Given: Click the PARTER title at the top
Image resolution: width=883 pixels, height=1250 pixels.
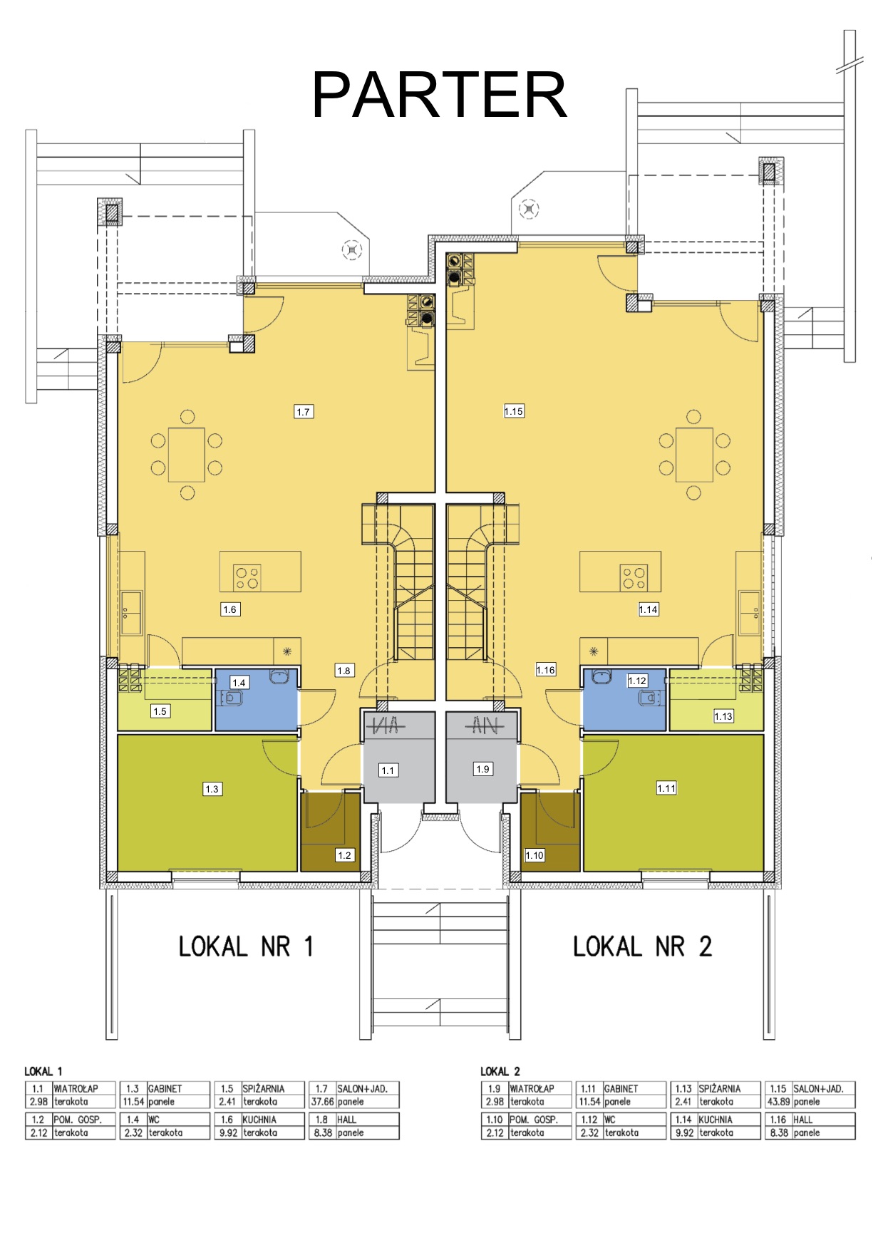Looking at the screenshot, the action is pos(440,95).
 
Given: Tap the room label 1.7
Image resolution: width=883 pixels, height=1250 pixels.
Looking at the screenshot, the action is pos(304,411).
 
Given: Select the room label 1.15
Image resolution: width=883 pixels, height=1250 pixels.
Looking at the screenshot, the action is pos(514,411).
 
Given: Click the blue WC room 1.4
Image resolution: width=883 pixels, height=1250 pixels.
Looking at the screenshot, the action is pos(256,699).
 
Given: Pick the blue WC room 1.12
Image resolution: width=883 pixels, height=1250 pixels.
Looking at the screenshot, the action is pos(624,699).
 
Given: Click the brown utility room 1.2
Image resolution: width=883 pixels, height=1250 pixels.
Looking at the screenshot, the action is pos(330,832).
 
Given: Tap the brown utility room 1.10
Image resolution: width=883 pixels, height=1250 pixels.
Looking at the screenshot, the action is pos(550,832).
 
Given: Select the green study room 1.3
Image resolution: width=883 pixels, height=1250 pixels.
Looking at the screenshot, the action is pos(207,802).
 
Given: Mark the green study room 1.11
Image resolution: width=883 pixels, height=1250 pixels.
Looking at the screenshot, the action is pos(673,802).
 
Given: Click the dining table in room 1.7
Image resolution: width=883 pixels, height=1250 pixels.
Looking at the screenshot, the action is pos(187,455).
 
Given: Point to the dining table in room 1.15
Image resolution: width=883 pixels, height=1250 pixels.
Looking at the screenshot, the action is pos(694,455).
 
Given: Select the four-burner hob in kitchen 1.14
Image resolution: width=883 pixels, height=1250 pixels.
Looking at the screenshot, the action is pos(634,577).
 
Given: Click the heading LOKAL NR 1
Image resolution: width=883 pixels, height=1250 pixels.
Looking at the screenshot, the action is pos(246,946).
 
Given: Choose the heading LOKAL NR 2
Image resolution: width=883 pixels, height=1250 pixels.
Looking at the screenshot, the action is pos(642,946).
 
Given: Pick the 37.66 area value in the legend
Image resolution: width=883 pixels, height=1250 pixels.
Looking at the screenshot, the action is pos(322,1102).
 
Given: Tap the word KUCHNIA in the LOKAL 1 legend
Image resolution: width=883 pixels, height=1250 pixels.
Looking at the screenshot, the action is pos(259,1120).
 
